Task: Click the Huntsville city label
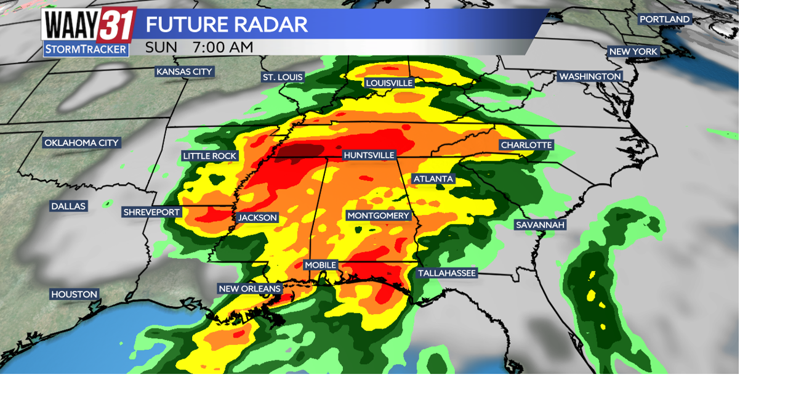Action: pos(369,155)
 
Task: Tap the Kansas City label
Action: pos(184,71)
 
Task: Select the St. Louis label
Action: pos(283,77)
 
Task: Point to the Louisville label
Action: pos(389,83)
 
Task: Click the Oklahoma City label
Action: pos(81,143)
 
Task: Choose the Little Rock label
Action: pos(210,156)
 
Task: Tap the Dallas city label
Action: pos(68,206)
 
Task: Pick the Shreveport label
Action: pos(151,212)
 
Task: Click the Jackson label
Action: pos(258,217)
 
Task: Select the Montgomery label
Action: pos(378,216)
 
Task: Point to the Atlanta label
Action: pos(433,179)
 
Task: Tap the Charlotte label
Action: pos(526,145)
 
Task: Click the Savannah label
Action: pos(540,225)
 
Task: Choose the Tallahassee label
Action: pos(447,273)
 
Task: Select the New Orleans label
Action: pos(250,288)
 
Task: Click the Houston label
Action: pos(74,294)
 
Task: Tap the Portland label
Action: pos(664,19)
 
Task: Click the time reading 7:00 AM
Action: pos(222,47)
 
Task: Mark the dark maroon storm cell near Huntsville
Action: pos(299,152)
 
